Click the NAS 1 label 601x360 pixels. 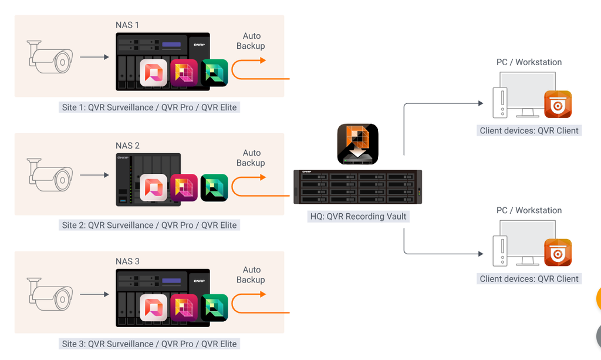[127, 25]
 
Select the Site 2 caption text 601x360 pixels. [149, 225]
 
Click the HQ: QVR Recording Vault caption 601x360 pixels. [358, 216]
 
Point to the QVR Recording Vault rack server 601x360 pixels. [357, 187]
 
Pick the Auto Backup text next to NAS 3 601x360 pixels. [251, 275]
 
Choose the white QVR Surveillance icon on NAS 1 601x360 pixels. [154, 73]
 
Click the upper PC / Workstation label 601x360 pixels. [529, 62]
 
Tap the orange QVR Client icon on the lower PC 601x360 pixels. [558, 253]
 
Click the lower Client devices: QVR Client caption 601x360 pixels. [529, 279]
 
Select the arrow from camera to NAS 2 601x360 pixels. [94, 175]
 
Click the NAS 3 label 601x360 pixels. [127, 261]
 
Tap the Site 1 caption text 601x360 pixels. [149, 107]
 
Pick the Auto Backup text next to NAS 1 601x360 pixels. [251, 41]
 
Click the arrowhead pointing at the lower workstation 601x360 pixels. [480, 254]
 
